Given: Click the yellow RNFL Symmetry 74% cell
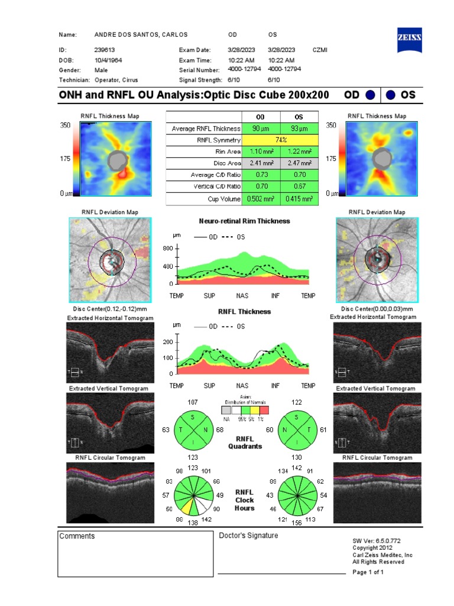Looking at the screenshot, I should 280,140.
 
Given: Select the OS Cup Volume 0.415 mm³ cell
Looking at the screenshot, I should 299,199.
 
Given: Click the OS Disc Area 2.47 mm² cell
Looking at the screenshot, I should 299,163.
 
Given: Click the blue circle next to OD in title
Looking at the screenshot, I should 369,95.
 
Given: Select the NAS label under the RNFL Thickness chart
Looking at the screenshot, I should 242,386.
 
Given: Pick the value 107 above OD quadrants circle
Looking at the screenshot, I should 192,402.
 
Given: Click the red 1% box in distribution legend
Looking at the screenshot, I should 264,410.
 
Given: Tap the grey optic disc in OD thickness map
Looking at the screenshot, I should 118,160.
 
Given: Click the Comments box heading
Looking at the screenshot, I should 77,536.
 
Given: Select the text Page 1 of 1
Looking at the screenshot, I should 368,573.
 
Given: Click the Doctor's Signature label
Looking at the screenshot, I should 248,536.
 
